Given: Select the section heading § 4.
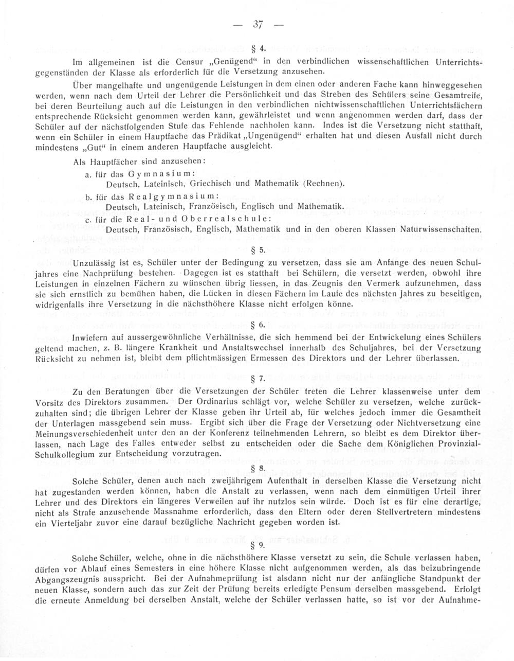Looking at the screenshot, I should [x=258, y=49].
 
